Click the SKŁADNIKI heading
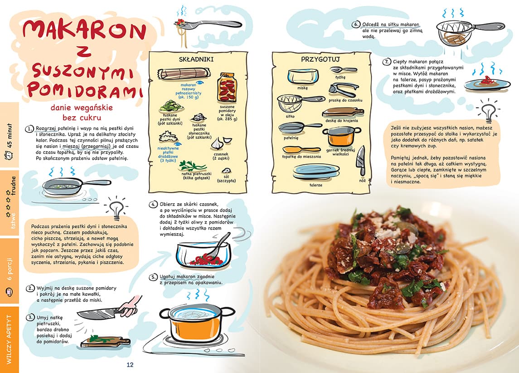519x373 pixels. [196, 59]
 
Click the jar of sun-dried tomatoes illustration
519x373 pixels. [227, 88]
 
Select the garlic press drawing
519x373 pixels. [344, 89]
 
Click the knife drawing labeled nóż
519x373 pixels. [360, 161]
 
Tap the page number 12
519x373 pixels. [130, 365]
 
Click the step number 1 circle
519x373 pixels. [30, 129]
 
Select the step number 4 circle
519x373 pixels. [153, 204]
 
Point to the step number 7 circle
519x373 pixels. [387, 62]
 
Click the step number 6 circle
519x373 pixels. [356, 25]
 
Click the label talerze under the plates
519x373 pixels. [316, 185]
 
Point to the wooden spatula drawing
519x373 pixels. [301, 149]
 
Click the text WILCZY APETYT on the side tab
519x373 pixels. [9, 339]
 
